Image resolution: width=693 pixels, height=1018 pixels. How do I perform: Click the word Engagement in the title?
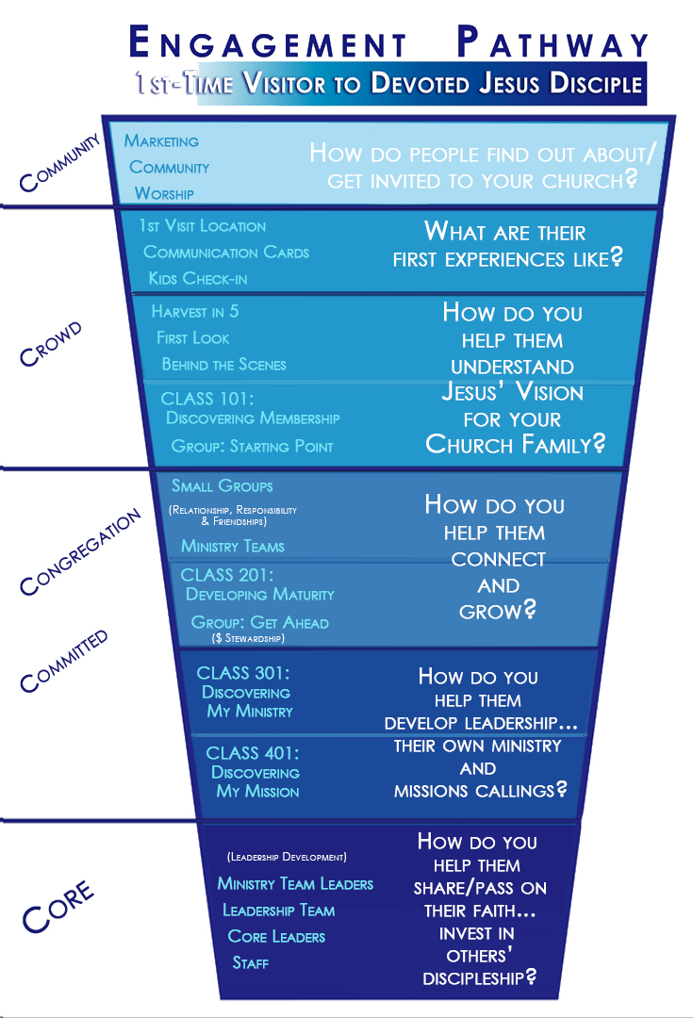[266, 43]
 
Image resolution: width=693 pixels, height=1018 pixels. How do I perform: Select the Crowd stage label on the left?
[51, 346]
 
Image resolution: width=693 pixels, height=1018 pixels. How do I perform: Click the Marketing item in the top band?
[161, 141]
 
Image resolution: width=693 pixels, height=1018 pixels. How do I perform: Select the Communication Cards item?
[226, 253]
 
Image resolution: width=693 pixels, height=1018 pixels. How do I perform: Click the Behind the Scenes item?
[223, 365]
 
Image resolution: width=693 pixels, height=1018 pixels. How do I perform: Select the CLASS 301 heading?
[242, 673]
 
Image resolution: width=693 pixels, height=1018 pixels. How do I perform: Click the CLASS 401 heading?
[253, 752]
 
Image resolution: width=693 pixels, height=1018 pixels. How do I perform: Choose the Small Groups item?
[223, 486]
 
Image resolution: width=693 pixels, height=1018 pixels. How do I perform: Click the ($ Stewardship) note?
[247, 639]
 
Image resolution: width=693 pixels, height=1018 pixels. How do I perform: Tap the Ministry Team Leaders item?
[295, 884]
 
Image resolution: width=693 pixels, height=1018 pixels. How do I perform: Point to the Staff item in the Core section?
[252, 963]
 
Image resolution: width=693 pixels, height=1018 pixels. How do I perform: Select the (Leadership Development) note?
[287, 858]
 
